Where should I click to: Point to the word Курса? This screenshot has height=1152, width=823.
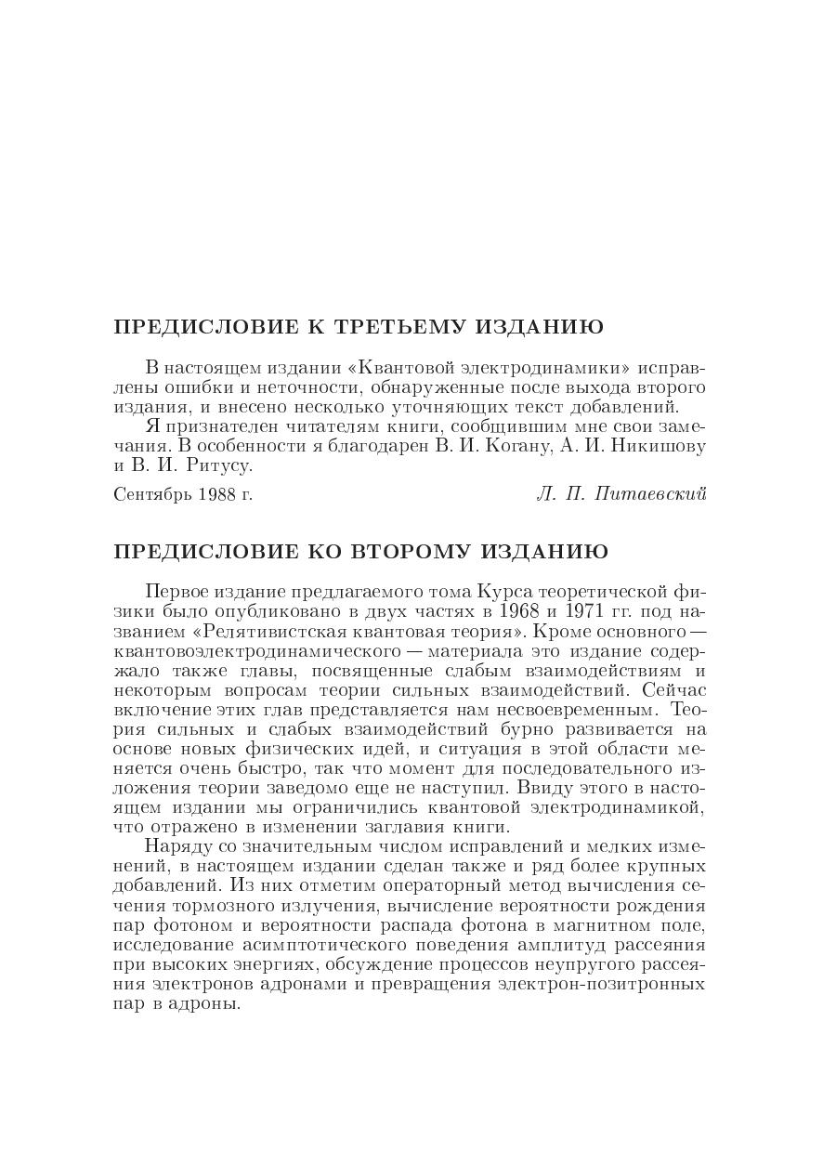click(503, 592)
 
